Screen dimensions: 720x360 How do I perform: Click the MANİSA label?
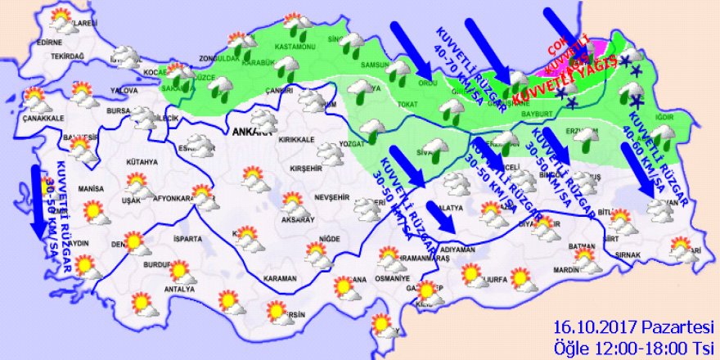point(91,188)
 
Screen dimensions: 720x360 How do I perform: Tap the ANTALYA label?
point(179,290)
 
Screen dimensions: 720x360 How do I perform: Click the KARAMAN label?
point(281,279)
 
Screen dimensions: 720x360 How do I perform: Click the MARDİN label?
point(565,268)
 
